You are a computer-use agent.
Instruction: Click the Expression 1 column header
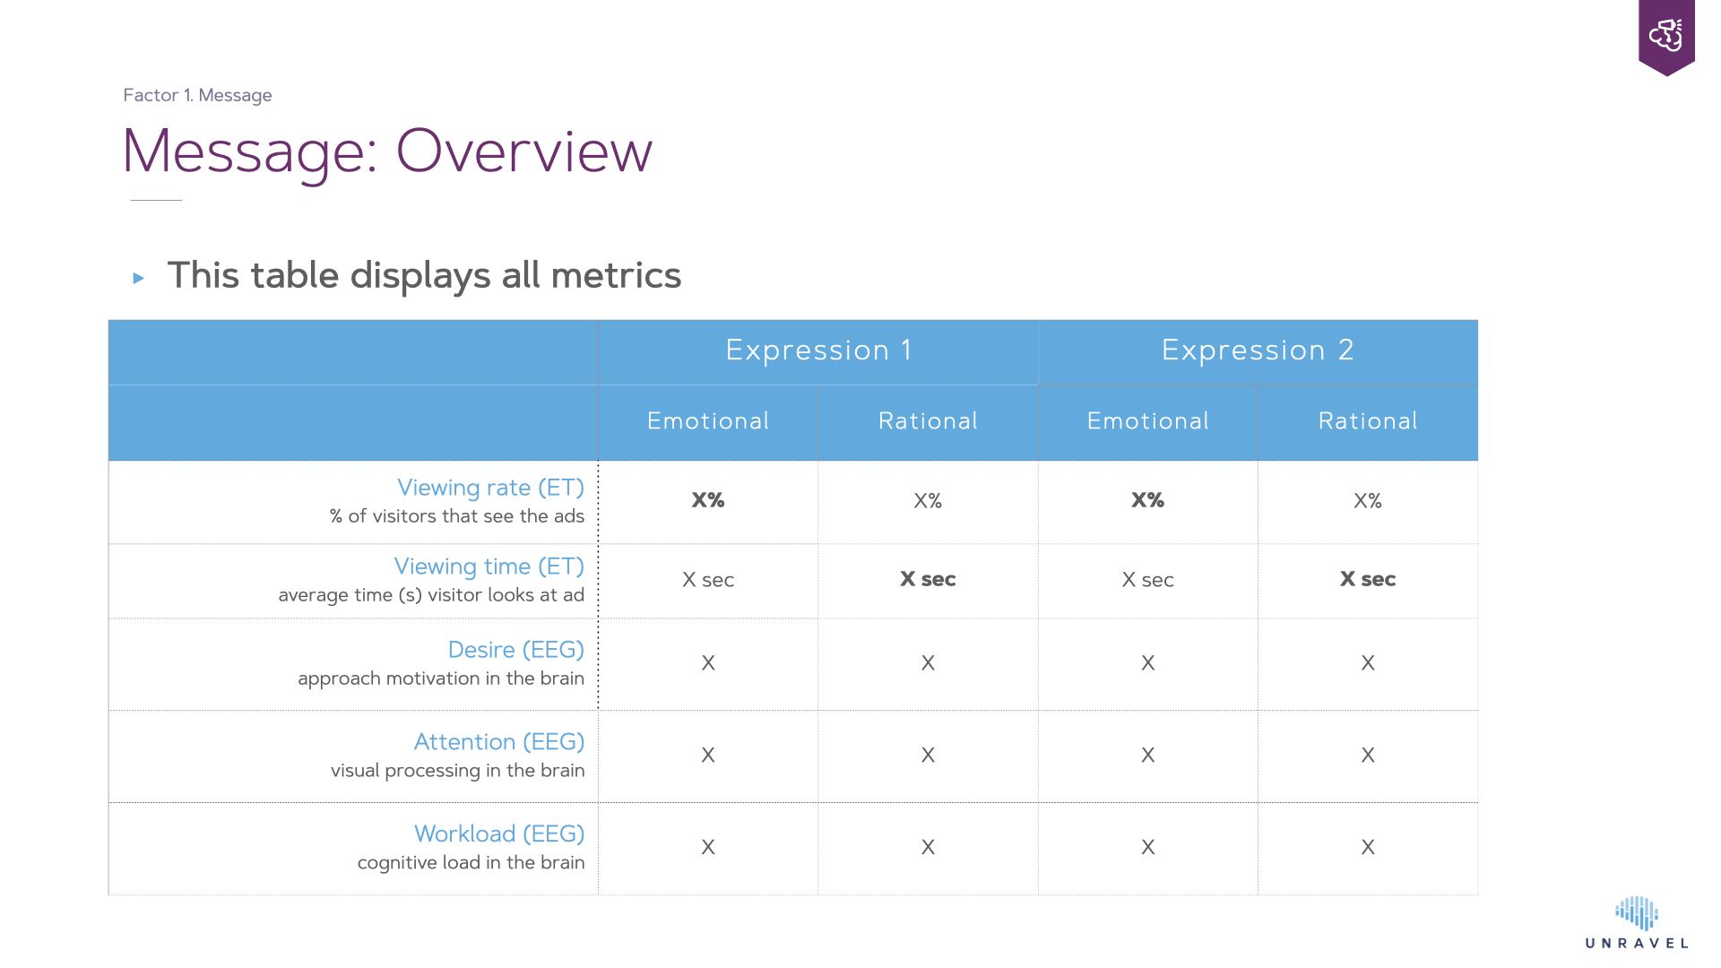(x=818, y=350)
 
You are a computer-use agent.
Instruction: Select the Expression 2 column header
(x=1258, y=350)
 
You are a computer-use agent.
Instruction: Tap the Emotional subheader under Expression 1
(x=708, y=421)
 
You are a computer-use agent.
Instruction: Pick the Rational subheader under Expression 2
(x=1368, y=421)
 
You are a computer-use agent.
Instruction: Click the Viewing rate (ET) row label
(x=490, y=488)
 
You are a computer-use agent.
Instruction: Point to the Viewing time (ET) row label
(x=489, y=566)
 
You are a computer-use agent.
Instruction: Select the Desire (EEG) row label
(x=515, y=650)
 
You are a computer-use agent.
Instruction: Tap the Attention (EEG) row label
(x=498, y=742)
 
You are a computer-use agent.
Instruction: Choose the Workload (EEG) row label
(x=498, y=834)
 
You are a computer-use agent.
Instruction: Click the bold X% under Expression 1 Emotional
(x=708, y=500)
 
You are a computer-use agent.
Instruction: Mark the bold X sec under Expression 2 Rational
(x=1368, y=579)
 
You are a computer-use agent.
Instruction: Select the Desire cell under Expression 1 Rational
(x=928, y=663)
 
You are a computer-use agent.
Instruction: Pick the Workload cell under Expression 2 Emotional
(x=1148, y=847)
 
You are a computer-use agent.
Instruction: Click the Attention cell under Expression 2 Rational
(x=1368, y=756)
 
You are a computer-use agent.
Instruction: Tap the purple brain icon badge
(x=1666, y=37)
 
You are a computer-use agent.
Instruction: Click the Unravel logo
(x=1637, y=922)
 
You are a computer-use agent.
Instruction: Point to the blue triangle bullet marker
(x=139, y=278)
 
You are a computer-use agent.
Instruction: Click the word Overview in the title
(x=523, y=151)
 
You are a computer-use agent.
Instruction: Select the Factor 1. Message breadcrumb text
(x=197, y=95)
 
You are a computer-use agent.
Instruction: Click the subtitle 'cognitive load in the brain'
(x=471, y=862)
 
